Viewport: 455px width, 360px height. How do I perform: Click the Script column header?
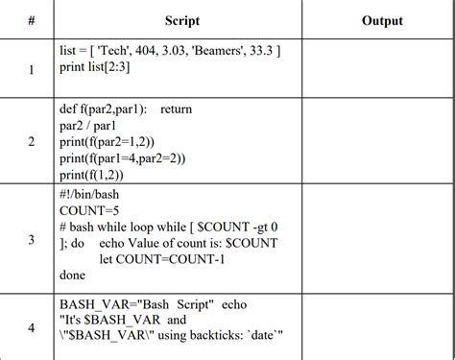[181, 20]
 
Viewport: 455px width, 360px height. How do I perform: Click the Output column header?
[382, 20]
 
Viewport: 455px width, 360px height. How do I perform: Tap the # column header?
[31, 20]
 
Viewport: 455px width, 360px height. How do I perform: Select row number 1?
[31, 69]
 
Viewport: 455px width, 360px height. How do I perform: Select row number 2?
[31, 142]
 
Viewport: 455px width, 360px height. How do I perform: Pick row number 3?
[31, 240]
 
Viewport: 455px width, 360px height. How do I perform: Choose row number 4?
[31, 328]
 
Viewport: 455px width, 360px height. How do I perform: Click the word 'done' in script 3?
[73, 275]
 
